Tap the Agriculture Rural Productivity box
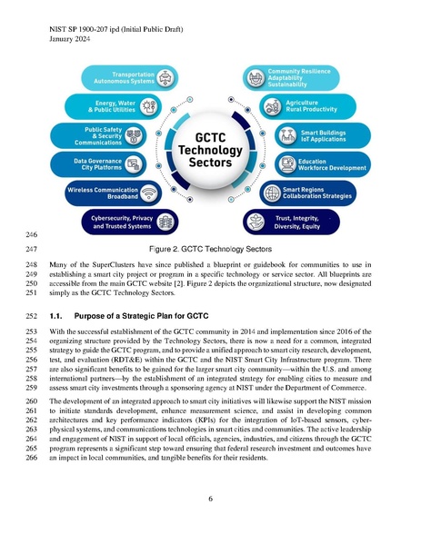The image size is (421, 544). (x=313, y=106)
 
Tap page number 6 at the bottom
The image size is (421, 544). (x=210, y=499)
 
